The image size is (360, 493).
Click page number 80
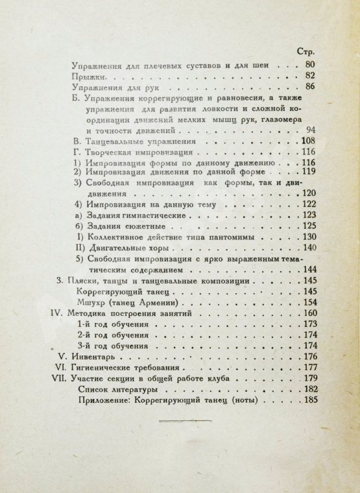[309, 65]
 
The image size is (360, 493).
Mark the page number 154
[307, 304]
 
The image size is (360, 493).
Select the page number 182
[307, 391]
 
